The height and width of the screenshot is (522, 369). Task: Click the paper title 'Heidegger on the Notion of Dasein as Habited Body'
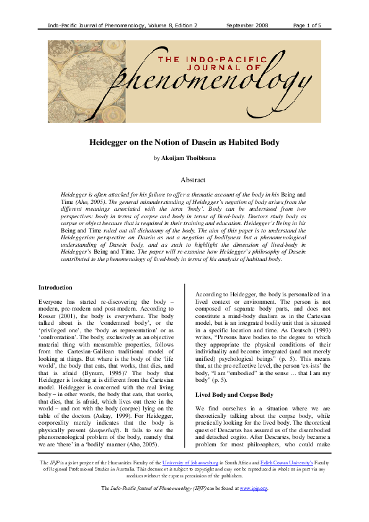tap(184, 143)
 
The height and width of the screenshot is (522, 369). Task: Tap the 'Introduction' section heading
tap(56, 288)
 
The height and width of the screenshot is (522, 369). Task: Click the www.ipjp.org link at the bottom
tap(253, 506)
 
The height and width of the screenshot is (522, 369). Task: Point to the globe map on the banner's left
tap(74, 71)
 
